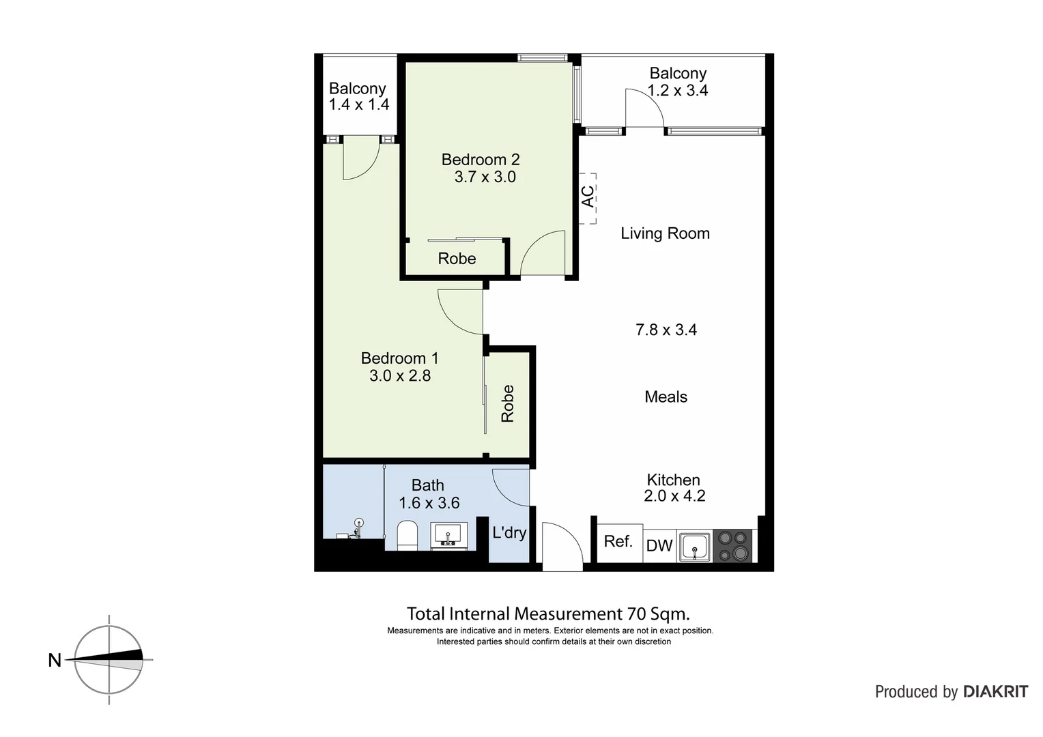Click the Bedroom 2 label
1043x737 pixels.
coord(481,160)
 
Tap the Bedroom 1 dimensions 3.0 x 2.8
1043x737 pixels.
coord(400,375)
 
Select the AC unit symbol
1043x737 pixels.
coord(588,198)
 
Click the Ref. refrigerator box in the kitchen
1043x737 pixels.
coord(619,542)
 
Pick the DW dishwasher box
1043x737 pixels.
coord(659,545)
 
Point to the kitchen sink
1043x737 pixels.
coord(694,547)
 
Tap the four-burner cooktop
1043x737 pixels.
coord(734,546)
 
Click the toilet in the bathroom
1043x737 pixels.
coord(407,535)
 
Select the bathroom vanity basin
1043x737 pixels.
coord(449,534)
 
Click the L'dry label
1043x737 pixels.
coord(509,532)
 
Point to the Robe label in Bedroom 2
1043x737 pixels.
coord(457,259)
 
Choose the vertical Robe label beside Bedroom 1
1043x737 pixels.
coord(508,403)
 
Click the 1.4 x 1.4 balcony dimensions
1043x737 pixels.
coord(359,104)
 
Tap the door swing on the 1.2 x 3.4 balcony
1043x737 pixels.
coord(644,109)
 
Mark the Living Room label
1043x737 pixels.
coord(665,233)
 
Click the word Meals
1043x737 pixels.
coord(666,397)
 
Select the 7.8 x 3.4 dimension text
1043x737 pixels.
coord(666,330)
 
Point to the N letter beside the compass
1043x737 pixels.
coord(55,661)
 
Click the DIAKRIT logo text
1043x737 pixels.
coord(995,692)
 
